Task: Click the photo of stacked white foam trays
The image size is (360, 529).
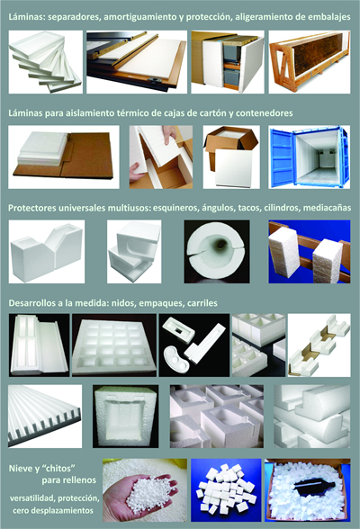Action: point(46,62)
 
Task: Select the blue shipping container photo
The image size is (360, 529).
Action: point(310,157)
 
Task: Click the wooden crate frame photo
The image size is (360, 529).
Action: point(310,62)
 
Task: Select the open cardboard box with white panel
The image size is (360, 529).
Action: point(231,157)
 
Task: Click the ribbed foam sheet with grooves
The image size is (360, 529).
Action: point(45,417)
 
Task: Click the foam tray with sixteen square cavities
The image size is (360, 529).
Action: point(114,345)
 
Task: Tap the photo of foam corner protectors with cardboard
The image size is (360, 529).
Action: point(319,345)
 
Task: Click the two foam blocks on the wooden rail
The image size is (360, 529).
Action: point(310,252)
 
